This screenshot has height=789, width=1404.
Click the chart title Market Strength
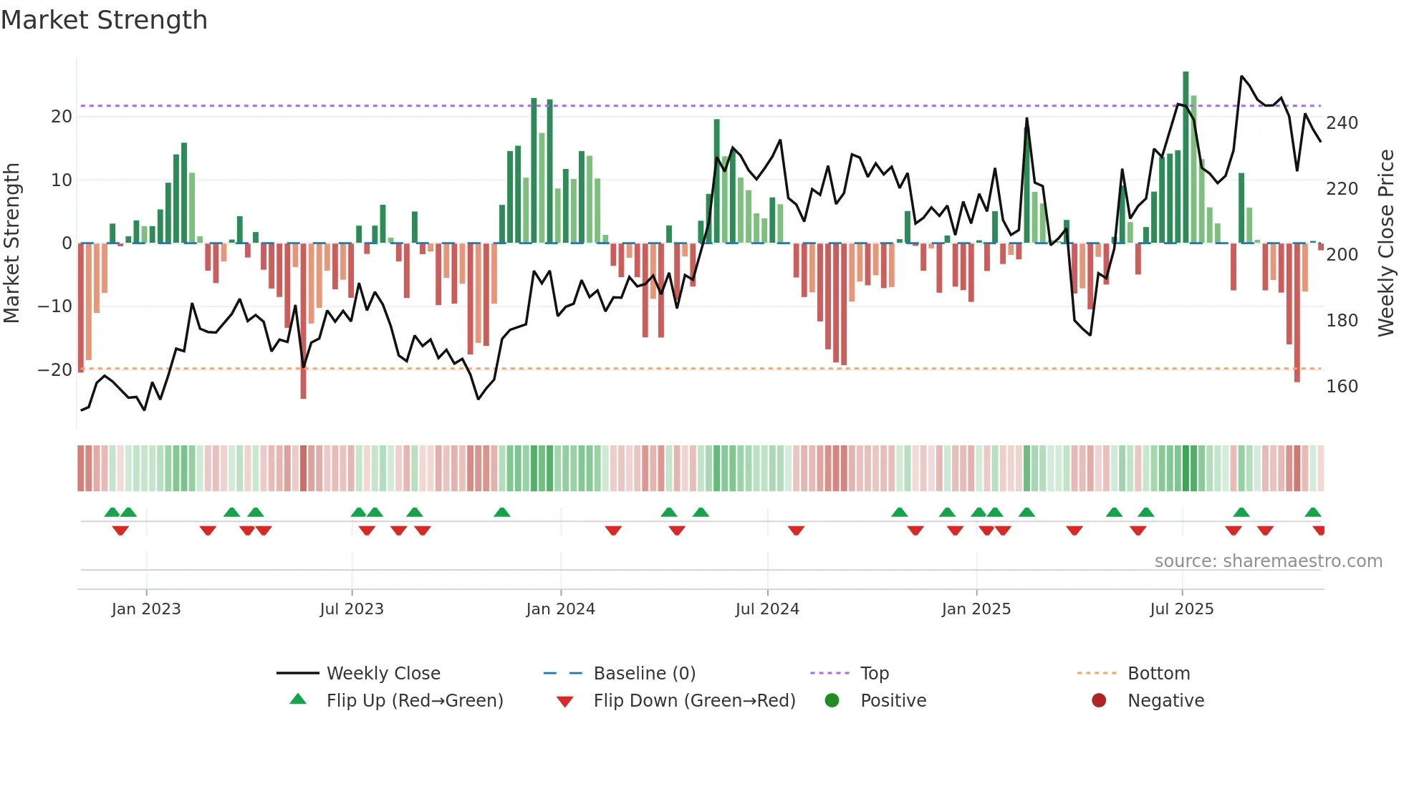[104, 20]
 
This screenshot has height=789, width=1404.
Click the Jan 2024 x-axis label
[560, 609]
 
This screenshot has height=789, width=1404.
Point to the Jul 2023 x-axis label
[352, 609]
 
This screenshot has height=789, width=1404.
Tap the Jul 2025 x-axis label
[1181, 609]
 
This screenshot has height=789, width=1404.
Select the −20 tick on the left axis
[55, 370]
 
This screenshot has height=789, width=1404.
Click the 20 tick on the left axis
[62, 117]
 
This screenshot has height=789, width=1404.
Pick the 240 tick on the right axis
[1342, 123]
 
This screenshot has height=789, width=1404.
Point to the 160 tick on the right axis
[1342, 387]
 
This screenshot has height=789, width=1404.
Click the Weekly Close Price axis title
[1386, 243]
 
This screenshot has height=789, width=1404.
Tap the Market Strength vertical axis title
[11, 243]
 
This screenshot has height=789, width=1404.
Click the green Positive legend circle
[832, 701]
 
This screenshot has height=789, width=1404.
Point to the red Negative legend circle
[1099, 701]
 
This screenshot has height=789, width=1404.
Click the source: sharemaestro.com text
[1268, 561]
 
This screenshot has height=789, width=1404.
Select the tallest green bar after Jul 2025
[1186, 158]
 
